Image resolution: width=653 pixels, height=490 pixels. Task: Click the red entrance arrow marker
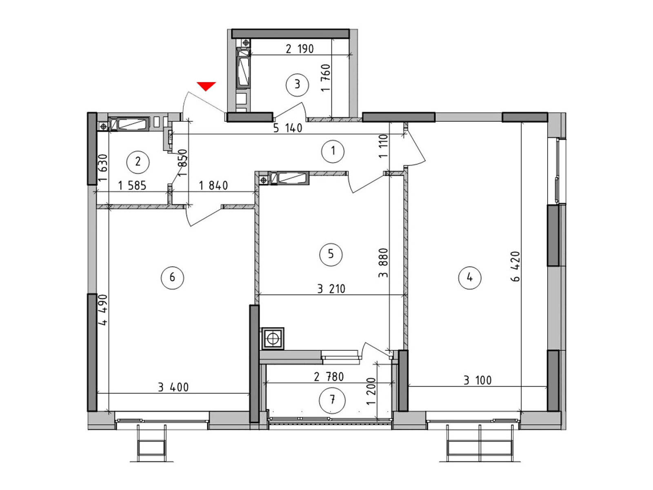[206, 86]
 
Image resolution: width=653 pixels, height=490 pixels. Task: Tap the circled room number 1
[333, 151]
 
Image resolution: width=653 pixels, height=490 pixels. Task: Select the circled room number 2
[138, 162]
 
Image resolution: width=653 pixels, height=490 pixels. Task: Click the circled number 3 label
[297, 85]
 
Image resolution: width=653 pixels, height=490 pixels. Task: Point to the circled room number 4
[469, 278]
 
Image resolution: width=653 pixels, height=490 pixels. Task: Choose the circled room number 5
[331, 254]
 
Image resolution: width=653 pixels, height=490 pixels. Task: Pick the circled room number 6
[172, 278]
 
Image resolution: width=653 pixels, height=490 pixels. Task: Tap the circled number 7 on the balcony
[332, 400]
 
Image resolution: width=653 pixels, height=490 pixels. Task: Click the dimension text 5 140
[288, 128]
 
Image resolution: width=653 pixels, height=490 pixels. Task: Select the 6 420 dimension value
[516, 266]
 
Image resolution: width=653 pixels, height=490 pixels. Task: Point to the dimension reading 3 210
[331, 289]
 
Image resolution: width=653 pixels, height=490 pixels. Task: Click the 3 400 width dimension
[173, 388]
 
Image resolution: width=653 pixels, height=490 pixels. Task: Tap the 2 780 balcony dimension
[329, 377]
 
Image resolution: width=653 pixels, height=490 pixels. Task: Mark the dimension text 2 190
[300, 49]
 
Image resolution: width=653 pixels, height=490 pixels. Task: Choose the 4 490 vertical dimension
[102, 310]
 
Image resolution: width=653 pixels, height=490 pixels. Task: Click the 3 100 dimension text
[478, 380]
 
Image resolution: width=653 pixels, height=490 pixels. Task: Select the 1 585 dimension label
[132, 186]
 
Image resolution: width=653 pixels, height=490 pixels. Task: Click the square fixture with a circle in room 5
[273, 339]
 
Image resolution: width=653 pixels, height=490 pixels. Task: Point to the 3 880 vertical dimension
[383, 263]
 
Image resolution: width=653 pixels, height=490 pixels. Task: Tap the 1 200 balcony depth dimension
[371, 392]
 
